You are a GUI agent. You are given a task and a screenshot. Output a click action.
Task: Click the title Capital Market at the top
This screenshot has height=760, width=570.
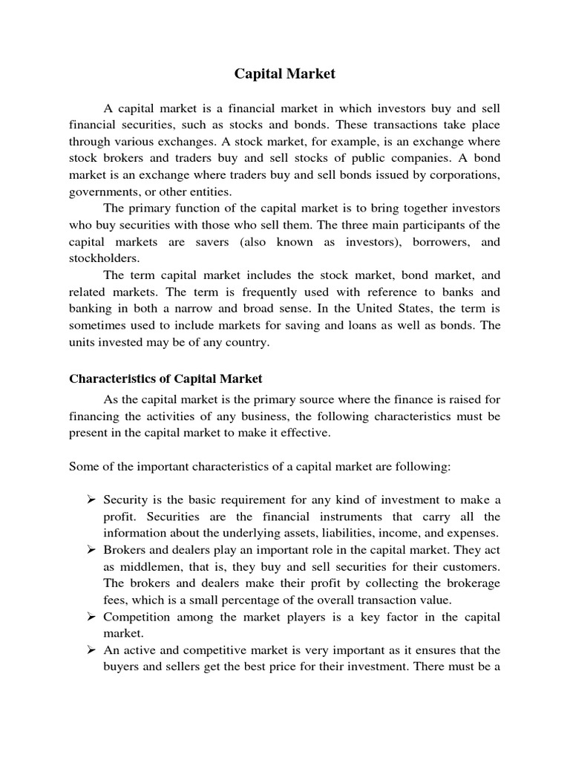tap(285, 73)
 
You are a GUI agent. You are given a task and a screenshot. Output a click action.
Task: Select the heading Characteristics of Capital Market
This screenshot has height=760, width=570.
tap(166, 379)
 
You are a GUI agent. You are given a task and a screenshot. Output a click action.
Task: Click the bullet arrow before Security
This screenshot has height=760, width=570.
tap(93, 499)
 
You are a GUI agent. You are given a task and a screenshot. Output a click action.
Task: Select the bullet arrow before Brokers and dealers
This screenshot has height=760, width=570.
tap(93, 549)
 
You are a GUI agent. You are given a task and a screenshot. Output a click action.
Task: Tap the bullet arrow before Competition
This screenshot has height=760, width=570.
tap(93, 617)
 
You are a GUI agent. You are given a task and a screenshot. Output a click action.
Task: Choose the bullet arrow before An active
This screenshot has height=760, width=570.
tap(93, 650)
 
